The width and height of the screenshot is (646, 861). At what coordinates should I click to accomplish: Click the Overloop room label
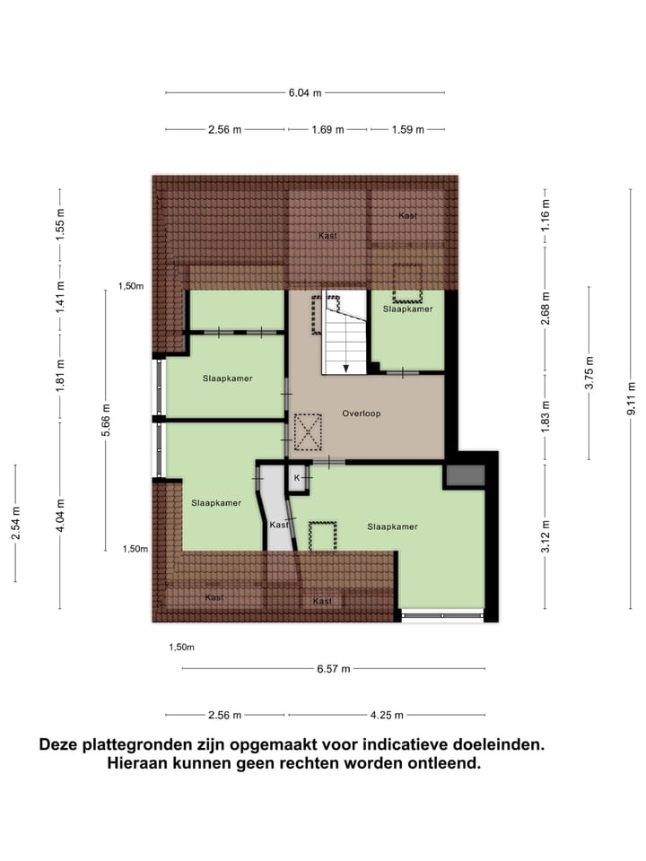tap(362, 413)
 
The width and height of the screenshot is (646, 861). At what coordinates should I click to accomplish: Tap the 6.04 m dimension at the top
tap(305, 92)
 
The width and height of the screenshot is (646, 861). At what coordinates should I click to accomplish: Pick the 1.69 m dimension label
tap(327, 130)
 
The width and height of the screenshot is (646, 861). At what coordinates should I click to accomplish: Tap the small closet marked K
tap(297, 479)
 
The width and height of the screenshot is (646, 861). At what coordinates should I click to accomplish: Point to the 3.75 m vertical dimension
tap(589, 372)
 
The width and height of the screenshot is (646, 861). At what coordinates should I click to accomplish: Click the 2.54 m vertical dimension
tap(15, 524)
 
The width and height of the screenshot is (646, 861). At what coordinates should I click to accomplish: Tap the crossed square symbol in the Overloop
tap(308, 431)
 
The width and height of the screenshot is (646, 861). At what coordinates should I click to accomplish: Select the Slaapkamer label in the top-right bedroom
tap(407, 309)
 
